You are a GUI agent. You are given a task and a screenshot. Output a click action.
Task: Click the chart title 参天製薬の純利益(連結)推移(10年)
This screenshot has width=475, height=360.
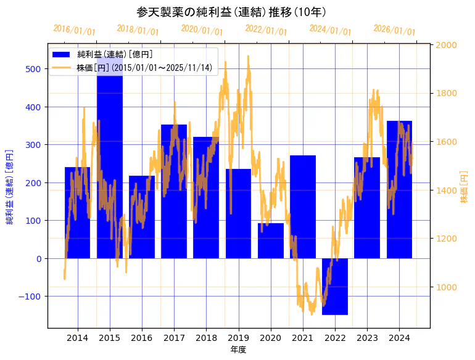pos(231,12)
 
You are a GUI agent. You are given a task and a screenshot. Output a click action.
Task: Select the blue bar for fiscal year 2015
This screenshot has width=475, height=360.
pos(110,185)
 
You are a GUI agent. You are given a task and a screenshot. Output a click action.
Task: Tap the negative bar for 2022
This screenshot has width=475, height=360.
pos(335,287)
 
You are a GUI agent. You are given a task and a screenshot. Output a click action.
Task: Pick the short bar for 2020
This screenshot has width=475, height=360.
pos(271,241)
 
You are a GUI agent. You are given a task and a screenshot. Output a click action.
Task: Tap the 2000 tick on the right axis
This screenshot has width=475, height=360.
pos(446,45)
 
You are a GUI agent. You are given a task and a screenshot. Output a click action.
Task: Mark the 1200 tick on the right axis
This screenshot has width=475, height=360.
pos(446,239)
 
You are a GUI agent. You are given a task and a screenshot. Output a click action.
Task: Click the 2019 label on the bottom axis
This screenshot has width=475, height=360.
pos(238,338)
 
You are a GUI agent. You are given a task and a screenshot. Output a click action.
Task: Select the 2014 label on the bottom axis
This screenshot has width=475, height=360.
pos(78,338)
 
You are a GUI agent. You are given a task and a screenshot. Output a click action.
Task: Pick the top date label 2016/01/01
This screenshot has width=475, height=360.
pos(74,30)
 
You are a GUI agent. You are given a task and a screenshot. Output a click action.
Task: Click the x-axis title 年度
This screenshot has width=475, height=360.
pos(238,350)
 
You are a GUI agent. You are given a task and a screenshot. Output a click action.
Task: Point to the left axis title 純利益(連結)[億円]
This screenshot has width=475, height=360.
pos(10,186)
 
